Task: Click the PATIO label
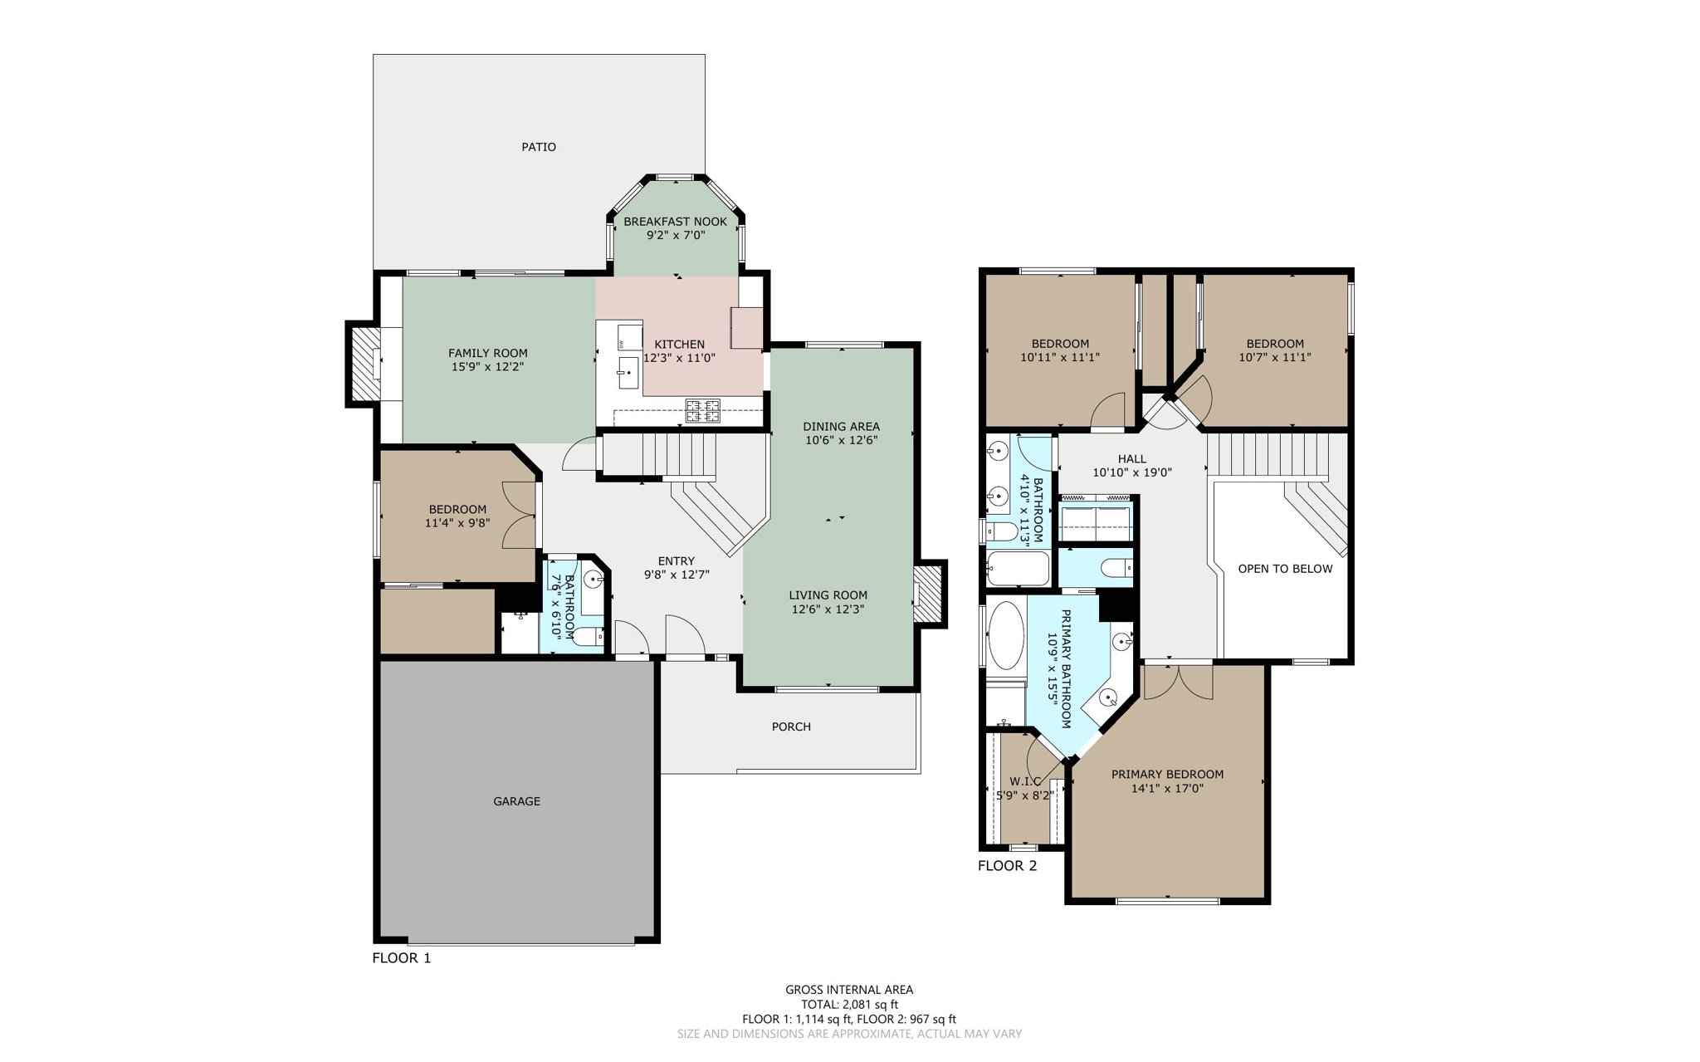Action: (x=539, y=147)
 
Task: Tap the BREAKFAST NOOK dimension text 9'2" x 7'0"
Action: (x=675, y=235)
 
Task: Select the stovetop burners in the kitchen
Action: (x=702, y=410)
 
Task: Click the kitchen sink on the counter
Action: (x=628, y=373)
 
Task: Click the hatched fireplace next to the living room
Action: (x=929, y=594)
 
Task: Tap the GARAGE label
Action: (x=516, y=801)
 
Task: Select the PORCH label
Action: (x=791, y=727)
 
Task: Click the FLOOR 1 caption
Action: (x=402, y=957)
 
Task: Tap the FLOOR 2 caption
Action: (x=1007, y=866)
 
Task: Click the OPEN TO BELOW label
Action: (x=1285, y=569)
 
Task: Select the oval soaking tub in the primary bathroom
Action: (x=1006, y=636)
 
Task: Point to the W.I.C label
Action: (x=1025, y=781)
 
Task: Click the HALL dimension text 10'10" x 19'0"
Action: (x=1131, y=472)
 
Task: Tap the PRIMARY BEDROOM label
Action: (x=1167, y=774)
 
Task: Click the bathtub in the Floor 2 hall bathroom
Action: (x=1018, y=569)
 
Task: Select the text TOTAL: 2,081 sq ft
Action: (x=849, y=1004)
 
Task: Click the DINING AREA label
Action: (x=841, y=426)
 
